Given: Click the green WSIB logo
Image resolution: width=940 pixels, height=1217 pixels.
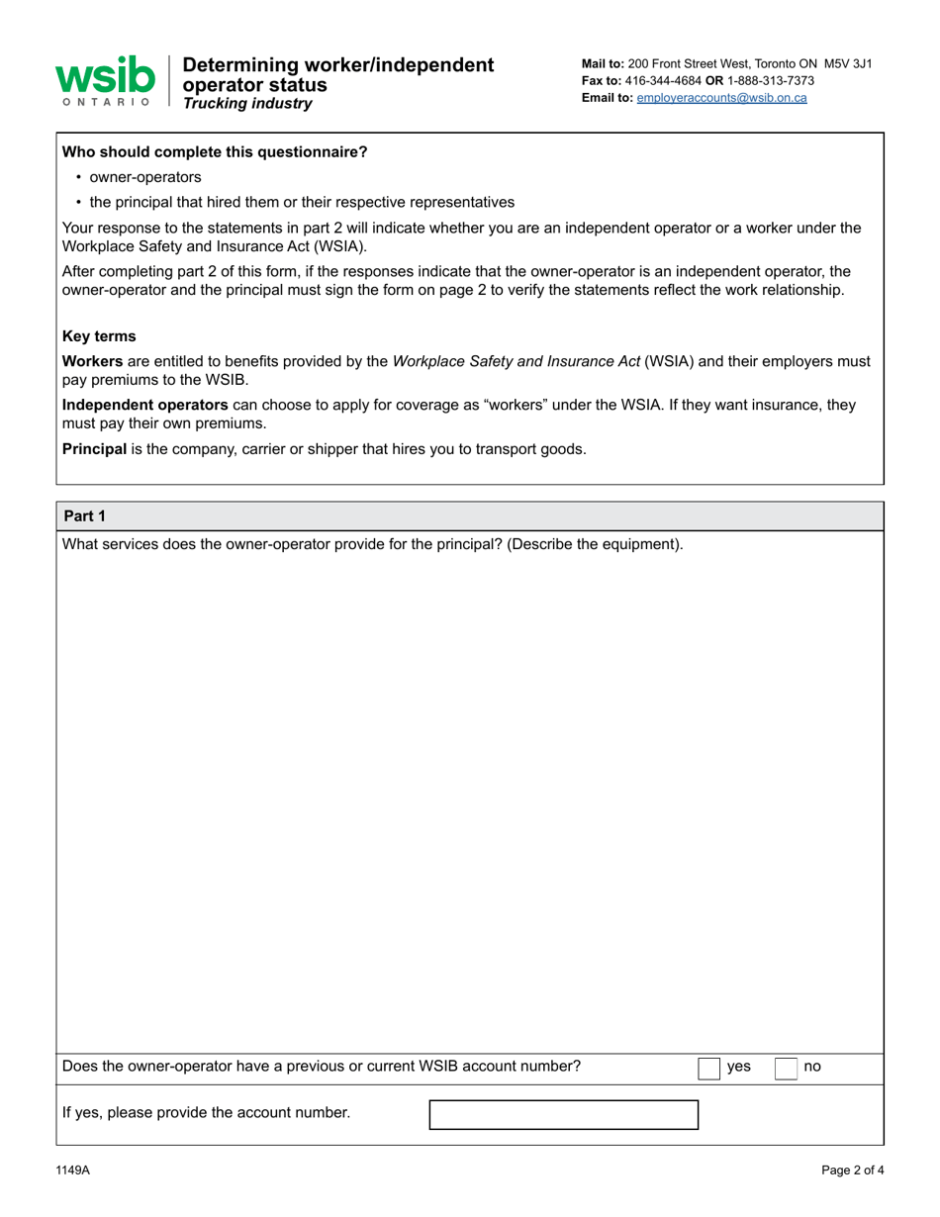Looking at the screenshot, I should coord(105,80).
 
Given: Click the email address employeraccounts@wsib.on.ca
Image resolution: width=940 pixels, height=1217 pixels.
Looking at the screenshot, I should coord(721,98).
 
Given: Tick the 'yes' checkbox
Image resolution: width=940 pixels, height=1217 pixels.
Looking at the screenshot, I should coord(709,1068).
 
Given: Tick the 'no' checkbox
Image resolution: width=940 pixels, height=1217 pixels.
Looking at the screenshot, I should coord(785,1068).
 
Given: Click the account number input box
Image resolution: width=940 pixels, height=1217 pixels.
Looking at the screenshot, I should coord(563,1114).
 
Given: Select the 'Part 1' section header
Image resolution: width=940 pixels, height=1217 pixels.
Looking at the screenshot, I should coord(84,515).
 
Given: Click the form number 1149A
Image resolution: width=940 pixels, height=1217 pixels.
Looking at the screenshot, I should coord(72,1170).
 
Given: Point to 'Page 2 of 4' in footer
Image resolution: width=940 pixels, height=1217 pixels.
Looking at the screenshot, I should coord(852,1170).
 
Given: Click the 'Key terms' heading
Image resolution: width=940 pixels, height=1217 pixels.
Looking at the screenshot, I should coord(99,335).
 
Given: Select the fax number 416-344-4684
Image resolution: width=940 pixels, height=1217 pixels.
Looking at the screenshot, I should coord(663,80).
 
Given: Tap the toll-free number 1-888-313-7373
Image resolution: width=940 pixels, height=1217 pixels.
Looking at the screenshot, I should coord(772,80).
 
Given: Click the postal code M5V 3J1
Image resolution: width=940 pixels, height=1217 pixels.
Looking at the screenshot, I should coord(848,63).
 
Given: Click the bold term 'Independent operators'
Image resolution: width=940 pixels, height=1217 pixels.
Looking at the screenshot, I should coord(145,405).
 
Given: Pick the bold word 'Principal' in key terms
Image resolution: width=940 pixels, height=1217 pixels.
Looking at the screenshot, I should coord(94,448).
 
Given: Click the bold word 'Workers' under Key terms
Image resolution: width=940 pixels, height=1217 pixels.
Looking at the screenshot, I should coord(93,361).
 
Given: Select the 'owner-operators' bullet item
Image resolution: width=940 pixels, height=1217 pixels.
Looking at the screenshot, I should coord(145,177).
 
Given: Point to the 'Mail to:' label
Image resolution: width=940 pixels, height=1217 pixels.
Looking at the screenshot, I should coord(603,63).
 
